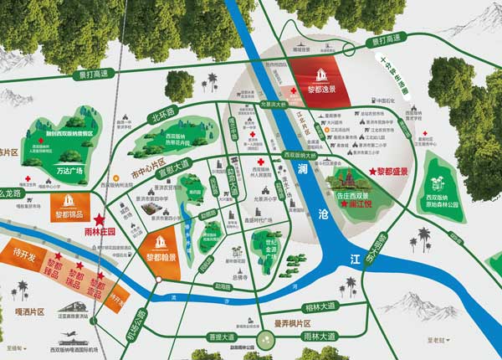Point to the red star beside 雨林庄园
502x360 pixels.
100,215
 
